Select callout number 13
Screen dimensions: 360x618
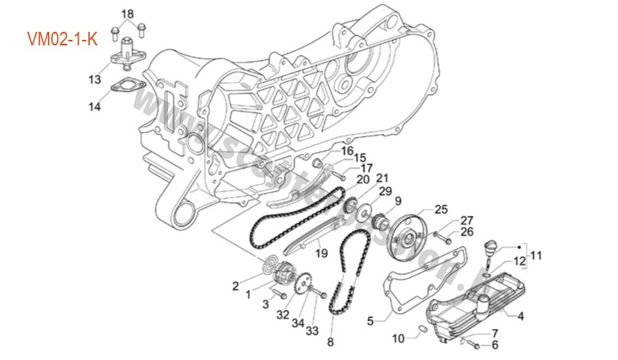tap(95, 79)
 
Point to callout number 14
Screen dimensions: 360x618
tap(95, 106)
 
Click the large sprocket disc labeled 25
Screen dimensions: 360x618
tap(415, 237)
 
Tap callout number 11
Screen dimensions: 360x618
tap(536, 256)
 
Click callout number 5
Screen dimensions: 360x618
tap(370, 321)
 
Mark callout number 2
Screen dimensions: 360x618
tap(236, 284)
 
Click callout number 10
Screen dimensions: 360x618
tap(399, 338)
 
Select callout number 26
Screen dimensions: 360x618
tap(467, 232)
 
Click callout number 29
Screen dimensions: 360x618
tap(385, 192)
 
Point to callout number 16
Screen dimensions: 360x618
tap(325, 150)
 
